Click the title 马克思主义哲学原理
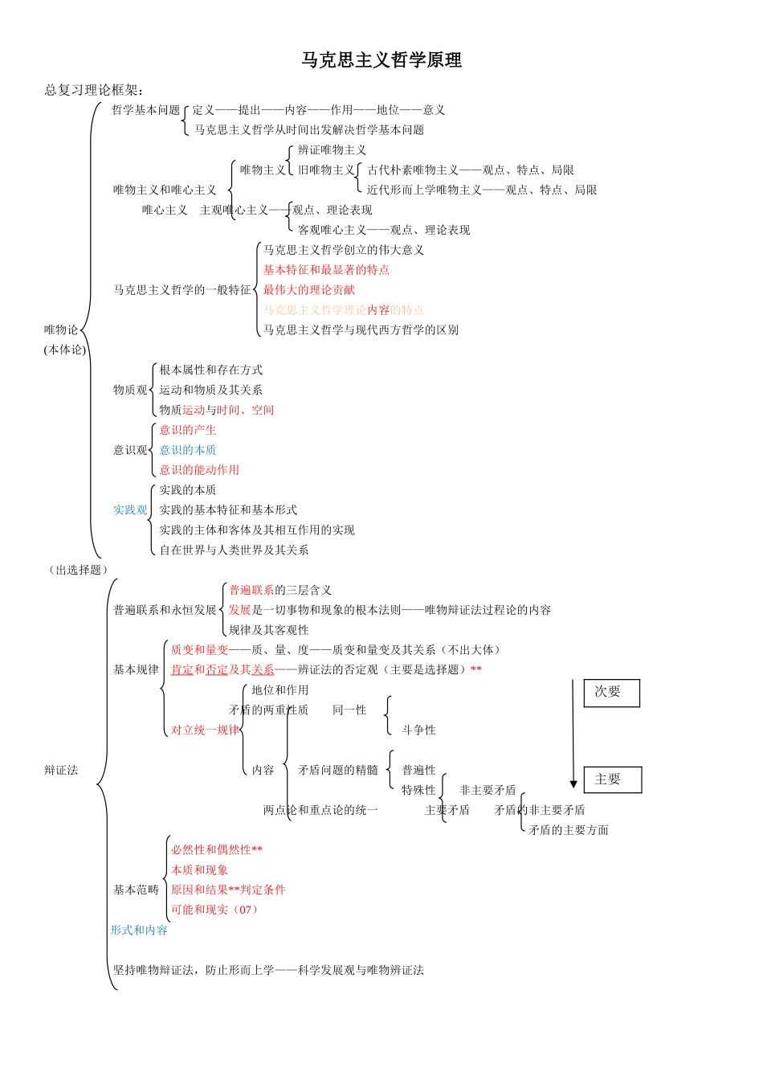click(x=381, y=60)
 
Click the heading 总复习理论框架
click(x=93, y=90)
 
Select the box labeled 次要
click(x=611, y=693)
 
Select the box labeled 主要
click(x=612, y=779)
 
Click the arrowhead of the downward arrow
click(x=573, y=783)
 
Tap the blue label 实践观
click(x=130, y=510)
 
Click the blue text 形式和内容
click(x=139, y=931)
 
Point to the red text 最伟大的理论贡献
click(x=309, y=290)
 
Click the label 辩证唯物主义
click(x=332, y=150)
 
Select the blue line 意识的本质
click(x=187, y=450)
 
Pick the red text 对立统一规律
click(x=205, y=730)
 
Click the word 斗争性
click(x=418, y=730)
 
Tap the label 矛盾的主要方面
click(x=569, y=830)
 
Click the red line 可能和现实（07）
click(x=214, y=910)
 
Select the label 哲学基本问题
click(x=145, y=110)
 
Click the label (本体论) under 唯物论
click(x=65, y=350)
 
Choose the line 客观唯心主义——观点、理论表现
click(x=384, y=230)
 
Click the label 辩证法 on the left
click(x=61, y=771)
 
